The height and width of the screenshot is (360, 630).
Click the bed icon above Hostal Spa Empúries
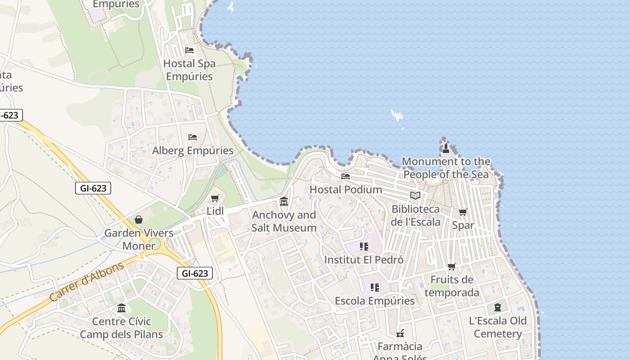pos(189,50)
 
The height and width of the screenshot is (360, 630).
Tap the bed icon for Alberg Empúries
pos(193,137)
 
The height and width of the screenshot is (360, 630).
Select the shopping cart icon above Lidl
pos(215,198)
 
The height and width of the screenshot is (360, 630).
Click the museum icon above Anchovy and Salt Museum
pos(284,201)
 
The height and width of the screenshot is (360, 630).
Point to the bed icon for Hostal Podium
pos(346,176)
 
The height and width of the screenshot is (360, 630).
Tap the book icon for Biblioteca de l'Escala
pos(415,196)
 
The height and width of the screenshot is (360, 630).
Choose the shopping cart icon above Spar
pos(463,212)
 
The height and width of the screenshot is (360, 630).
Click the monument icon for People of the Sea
pos(446,148)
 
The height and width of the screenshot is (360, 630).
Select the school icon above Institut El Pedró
pos(364,246)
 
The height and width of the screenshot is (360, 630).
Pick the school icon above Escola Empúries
pos(374,287)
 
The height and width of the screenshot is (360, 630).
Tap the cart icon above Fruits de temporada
pos(452,267)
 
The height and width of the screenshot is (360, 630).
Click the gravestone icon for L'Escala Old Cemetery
pos(497,307)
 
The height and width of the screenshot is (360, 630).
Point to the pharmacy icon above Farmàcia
pos(400,333)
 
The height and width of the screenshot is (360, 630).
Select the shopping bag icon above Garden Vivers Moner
pos(139,220)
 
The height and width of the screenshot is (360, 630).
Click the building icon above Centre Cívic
pos(121,308)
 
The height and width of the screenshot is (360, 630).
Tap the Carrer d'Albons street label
pos(86,282)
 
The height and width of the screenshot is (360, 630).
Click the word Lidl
pos(215,211)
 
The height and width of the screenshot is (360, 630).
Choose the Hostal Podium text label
pos(346,189)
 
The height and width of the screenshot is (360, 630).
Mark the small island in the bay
pos(396,115)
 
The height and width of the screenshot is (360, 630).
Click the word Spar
pos(463,225)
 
